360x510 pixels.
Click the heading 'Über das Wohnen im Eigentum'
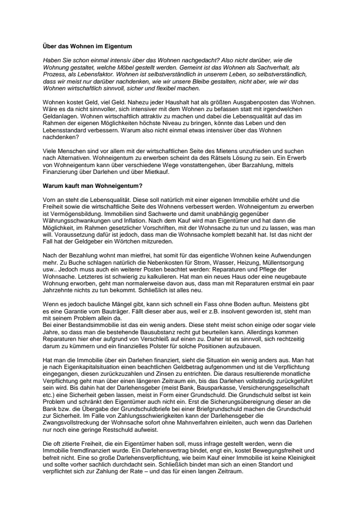(x=87, y=47)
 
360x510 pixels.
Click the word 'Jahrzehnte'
(x=58, y=292)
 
